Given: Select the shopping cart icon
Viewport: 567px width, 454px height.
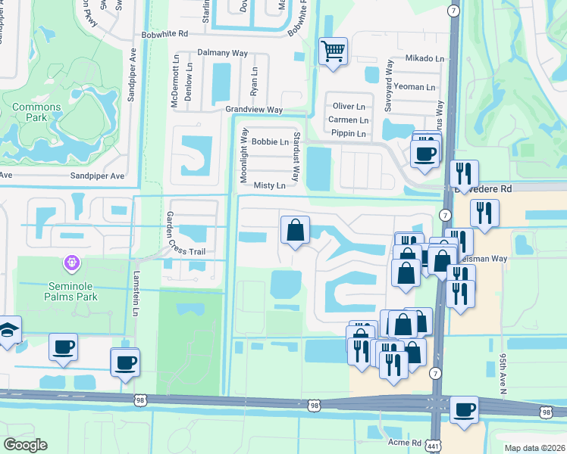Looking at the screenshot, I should pyautogui.click(x=333, y=51).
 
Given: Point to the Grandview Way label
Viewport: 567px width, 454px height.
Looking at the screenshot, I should pyautogui.click(x=254, y=110).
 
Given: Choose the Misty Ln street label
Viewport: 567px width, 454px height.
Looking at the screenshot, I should pyautogui.click(x=270, y=185).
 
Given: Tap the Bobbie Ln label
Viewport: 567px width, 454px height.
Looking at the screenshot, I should pyautogui.click(x=271, y=141).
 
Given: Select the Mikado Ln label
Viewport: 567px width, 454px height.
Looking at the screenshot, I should pyautogui.click(x=424, y=58).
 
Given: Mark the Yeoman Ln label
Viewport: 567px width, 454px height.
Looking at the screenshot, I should pyautogui.click(x=414, y=87).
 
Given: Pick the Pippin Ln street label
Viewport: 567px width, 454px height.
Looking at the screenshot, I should pyautogui.click(x=348, y=134).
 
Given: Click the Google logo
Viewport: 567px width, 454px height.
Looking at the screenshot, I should pyautogui.click(x=26, y=444).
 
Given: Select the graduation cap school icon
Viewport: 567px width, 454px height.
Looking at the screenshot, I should pyautogui.click(x=8, y=330).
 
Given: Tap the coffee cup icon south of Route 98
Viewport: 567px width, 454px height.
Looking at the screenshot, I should pyautogui.click(x=463, y=409).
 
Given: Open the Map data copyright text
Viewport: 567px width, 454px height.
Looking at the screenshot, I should pyautogui.click(x=534, y=448).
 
